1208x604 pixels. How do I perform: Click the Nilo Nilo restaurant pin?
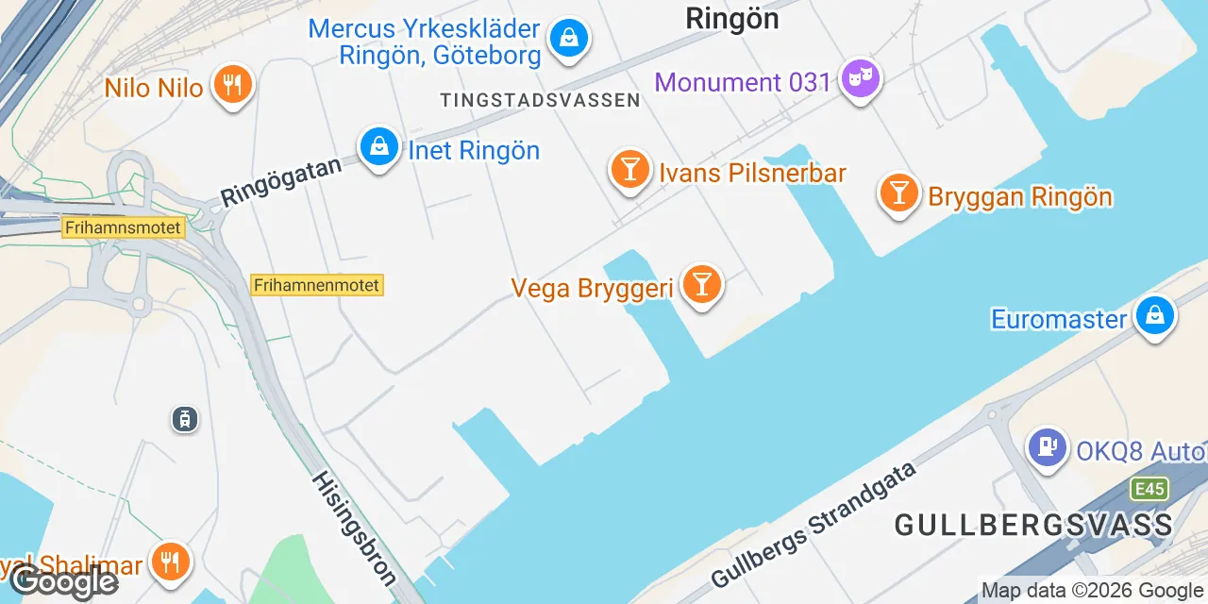tap(231, 85)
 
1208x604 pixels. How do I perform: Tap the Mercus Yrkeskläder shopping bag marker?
tap(569, 38)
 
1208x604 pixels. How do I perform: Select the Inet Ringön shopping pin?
tap(378, 147)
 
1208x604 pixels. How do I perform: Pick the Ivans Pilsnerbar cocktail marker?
tap(629, 170)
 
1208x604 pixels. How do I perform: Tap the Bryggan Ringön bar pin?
tap(898, 193)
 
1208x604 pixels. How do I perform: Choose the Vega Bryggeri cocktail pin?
tap(701, 283)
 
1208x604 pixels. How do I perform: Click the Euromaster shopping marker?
tap(1155, 315)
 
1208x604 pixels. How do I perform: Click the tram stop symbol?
tap(184, 418)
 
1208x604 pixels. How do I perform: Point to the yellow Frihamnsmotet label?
tap(124, 227)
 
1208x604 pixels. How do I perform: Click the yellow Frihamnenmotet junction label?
tap(317, 285)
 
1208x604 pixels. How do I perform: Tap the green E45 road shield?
tap(1150, 488)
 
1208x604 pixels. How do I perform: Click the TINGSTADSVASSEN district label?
tap(540, 100)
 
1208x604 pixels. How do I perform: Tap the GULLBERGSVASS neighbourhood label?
tap(1033, 525)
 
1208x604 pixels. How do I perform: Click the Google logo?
tap(64, 581)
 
